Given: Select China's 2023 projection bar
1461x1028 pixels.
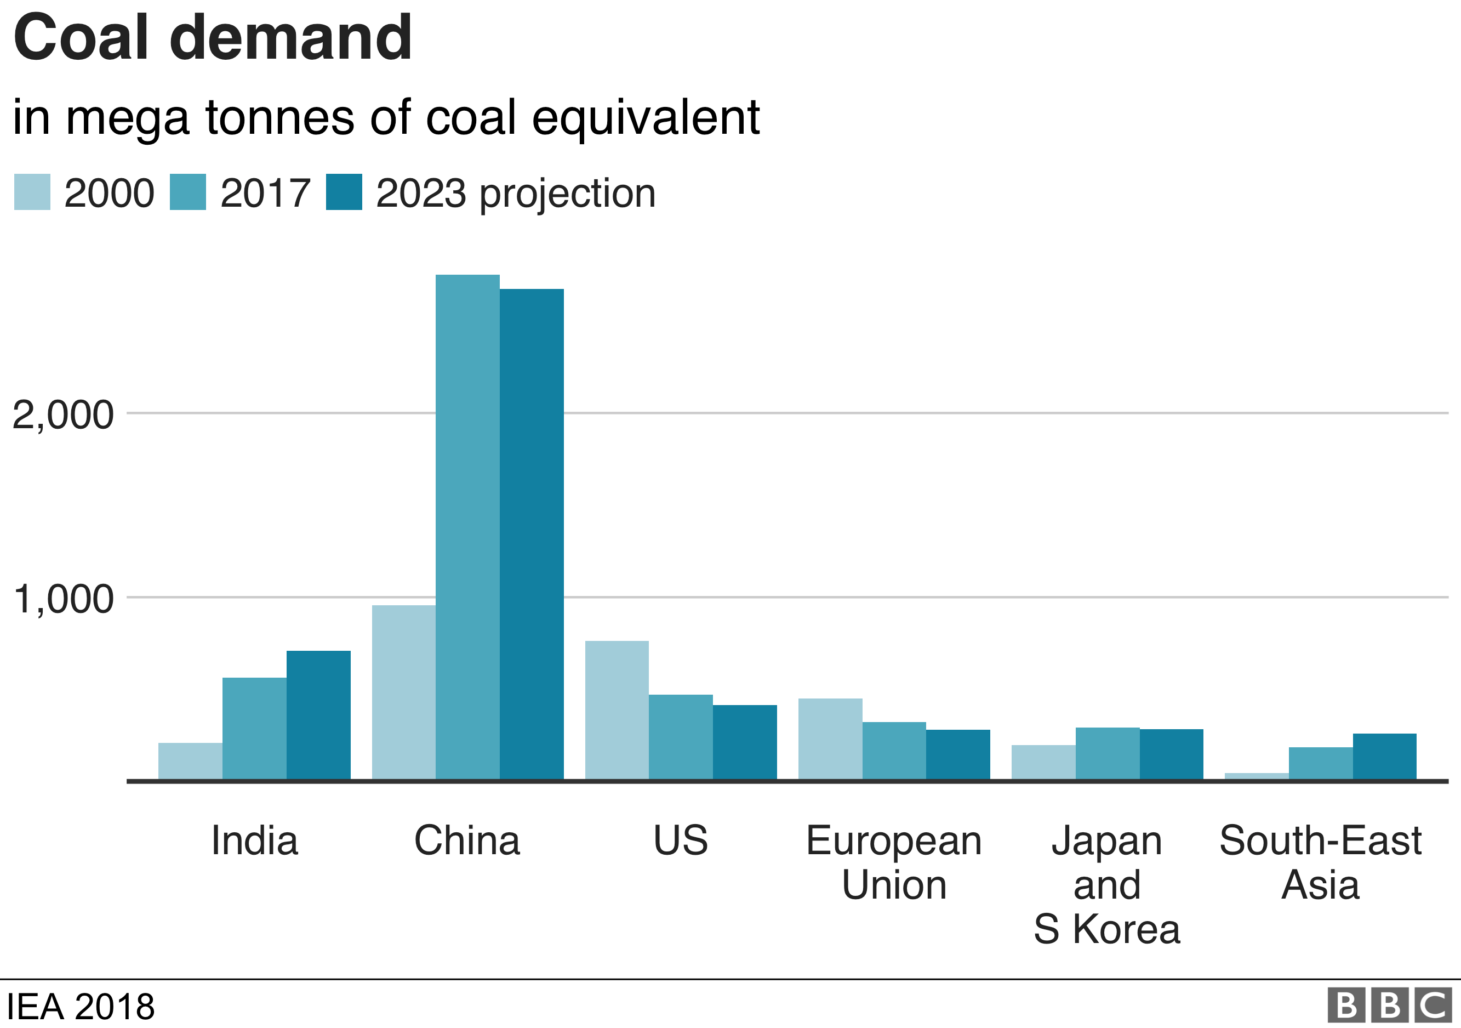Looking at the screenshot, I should pyautogui.click(x=532, y=534).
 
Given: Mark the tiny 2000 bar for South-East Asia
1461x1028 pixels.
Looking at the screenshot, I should pyautogui.click(x=1256, y=776).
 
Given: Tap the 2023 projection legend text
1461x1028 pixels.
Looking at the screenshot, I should pyautogui.click(x=516, y=193).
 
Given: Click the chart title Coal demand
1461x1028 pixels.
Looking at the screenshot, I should pyautogui.click(x=213, y=38).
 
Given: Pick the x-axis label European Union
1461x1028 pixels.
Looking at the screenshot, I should pyautogui.click(x=893, y=862).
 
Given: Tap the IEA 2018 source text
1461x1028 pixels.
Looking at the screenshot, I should pyautogui.click(x=80, y=1007).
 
